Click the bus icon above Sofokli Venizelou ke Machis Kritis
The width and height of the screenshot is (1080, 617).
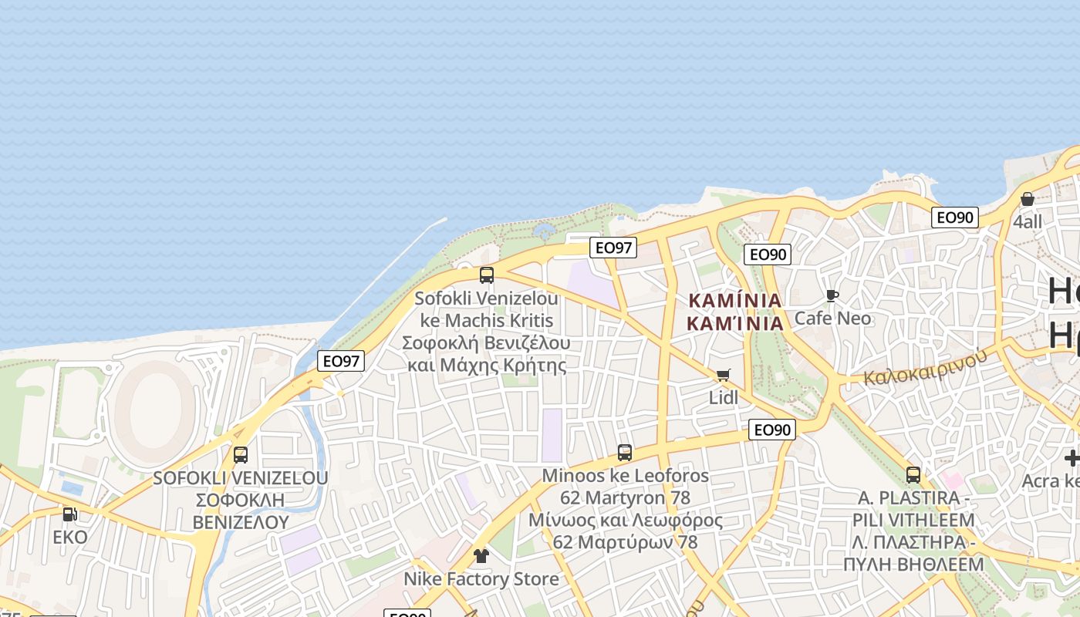(x=486, y=275)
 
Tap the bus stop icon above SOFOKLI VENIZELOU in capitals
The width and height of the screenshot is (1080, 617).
(x=241, y=455)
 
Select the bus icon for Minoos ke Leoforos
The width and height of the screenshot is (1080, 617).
(x=625, y=453)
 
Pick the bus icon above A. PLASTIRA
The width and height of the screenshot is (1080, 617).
(x=913, y=475)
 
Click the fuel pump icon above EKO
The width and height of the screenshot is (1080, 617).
(x=69, y=514)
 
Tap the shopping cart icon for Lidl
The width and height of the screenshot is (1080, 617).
(x=723, y=376)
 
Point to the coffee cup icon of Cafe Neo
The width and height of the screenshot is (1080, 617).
(x=832, y=295)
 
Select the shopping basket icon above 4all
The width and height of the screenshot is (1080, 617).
(x=1027, y=199)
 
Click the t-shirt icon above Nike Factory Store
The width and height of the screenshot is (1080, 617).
(x=481, y=556)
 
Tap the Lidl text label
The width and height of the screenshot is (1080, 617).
(x=724, y=398)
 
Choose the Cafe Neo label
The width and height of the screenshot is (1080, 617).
(x=832, y=318)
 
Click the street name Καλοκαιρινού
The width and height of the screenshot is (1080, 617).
(x=925, y=367)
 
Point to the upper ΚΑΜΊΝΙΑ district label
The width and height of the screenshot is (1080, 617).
(x=735, y=300)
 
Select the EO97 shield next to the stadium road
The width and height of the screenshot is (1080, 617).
(x=340, y=360)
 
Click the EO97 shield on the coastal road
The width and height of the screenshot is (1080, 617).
(x=613, y=248)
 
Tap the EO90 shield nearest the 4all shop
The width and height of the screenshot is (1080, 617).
(x=954, y=217)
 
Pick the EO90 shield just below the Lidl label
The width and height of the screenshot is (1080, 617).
(x=771, y=430)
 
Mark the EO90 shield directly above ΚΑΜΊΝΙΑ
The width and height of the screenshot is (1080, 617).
(x=768, y=255)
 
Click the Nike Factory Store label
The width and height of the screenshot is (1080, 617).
(x=481, y=578)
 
